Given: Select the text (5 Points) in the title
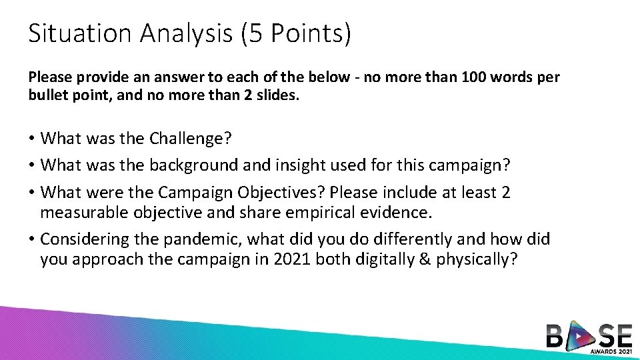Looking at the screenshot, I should pos(294,33).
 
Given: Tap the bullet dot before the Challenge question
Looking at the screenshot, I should pos(31,139).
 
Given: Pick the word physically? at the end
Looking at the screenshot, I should pos(477,259).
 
